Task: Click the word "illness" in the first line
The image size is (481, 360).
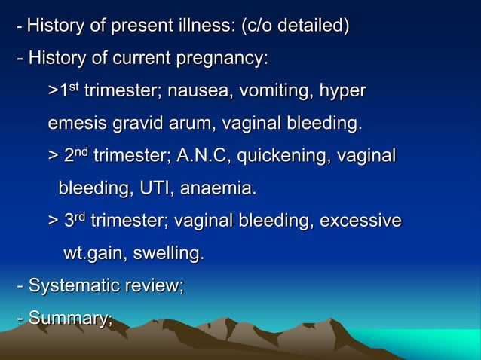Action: (x=209, y=27)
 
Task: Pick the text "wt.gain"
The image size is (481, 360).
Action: (x=94, y=254)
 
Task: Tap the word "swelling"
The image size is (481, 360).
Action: (x=167, y=254)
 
